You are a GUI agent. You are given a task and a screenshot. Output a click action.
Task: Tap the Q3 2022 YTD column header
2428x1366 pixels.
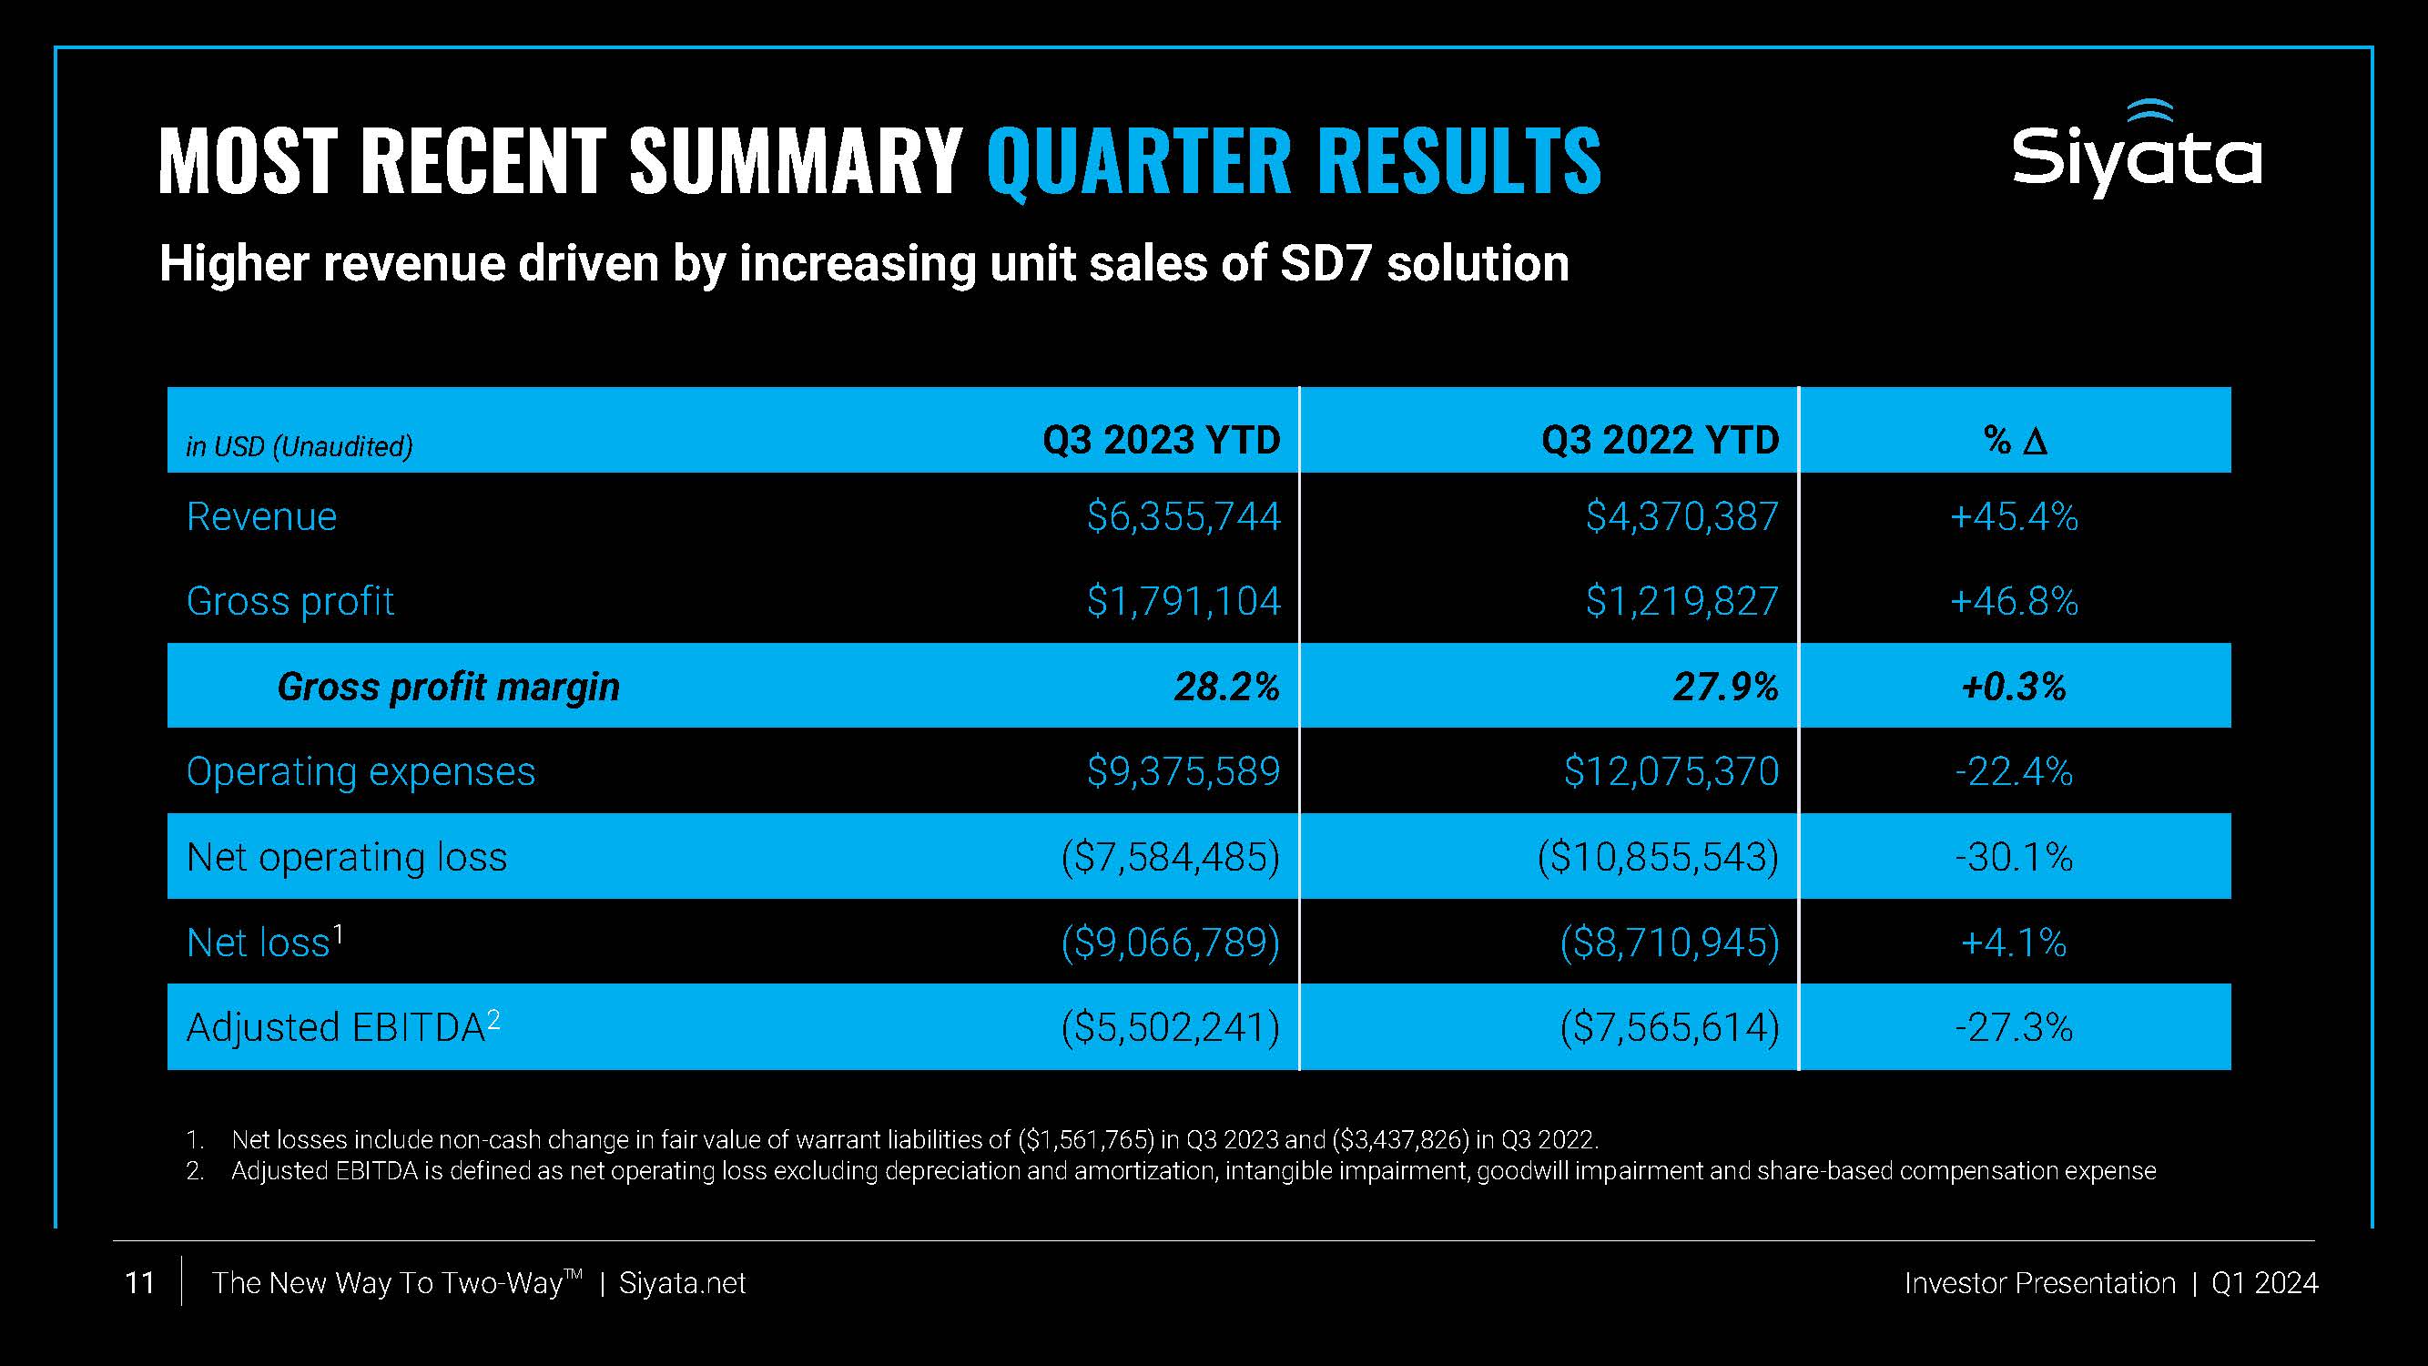[1660, 440]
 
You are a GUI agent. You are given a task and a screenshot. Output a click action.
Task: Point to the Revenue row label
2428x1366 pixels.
[261, 516]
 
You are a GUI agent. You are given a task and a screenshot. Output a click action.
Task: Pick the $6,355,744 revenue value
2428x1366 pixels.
[1183, 516]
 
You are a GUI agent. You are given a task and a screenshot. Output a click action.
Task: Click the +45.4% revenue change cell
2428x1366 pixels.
[2014, 516]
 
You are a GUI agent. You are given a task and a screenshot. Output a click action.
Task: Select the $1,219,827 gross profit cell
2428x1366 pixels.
[1681, 601]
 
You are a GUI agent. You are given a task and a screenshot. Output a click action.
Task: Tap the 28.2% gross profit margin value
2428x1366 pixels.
[1226, 687]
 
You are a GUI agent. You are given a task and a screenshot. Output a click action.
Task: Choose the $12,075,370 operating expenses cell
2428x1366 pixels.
[1671, 772]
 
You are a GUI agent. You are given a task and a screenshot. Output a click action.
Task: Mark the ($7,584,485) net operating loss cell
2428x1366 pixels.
[1170, 857]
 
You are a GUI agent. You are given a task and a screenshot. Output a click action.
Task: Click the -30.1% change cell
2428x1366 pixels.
[2014, 857]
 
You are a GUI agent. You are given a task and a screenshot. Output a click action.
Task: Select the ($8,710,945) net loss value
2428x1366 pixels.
[1670, 943]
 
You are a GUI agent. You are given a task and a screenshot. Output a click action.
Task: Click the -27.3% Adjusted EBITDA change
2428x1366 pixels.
[2014, 1027]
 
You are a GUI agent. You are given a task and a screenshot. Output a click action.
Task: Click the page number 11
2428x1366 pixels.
[139, 1283]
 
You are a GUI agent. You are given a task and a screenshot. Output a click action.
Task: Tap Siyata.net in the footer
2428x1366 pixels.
[682, 1283]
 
